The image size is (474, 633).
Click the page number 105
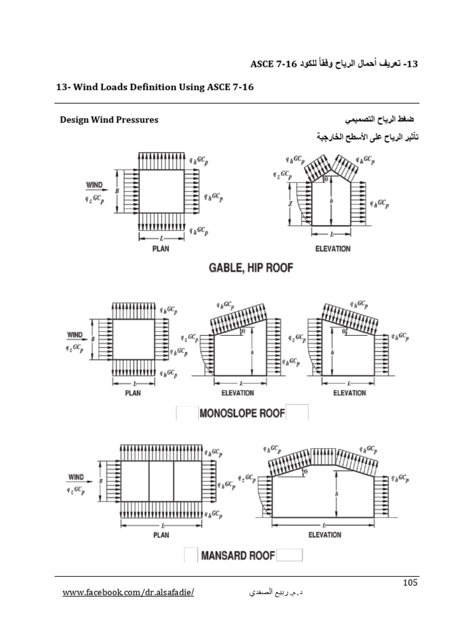pos(410,582)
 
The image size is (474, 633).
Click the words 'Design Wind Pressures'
pos(109,119)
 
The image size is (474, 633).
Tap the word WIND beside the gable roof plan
pos(94,185)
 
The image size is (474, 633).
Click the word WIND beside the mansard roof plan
pos(76,477)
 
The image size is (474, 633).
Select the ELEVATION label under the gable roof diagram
pos(332,249)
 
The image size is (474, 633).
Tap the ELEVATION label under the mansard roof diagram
pos(325,535)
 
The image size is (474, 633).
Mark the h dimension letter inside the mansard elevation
pos(335,494)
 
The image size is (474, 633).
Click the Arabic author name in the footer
pos(250,594)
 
